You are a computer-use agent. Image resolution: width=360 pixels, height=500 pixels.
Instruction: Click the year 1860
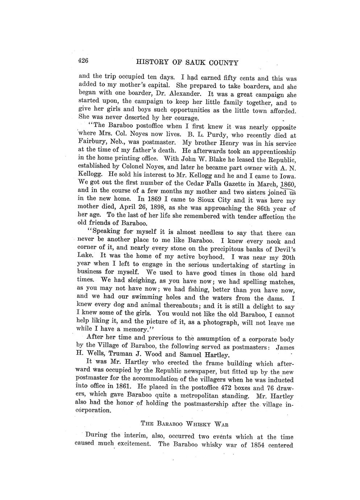point(286,184)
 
